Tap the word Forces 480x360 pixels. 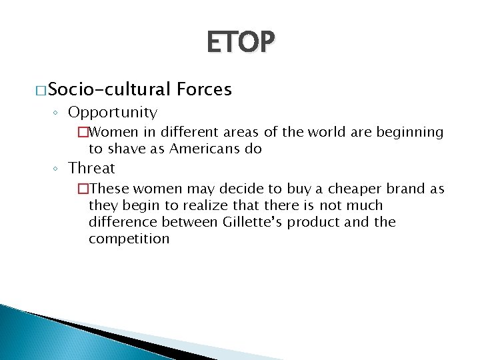tap(205, 89)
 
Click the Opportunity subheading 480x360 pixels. tap(113, 113)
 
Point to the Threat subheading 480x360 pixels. tap(92, 168)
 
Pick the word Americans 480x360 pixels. tap(203, 149)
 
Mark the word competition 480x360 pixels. tap(129, 239)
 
